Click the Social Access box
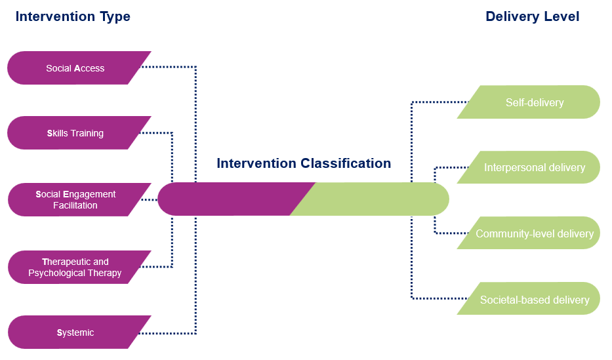(75, 68)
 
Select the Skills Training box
(75, 133)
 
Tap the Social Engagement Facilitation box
(75, 199)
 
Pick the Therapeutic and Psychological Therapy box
(75, 267)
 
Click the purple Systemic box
(75, 332)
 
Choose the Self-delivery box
(534, 102)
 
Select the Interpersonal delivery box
(534, 167)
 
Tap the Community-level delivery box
(534, 233)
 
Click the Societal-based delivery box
(534, 300)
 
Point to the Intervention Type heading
(73, 16)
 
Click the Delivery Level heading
(532, 16)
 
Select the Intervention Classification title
(304, 163)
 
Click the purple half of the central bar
(230, 199)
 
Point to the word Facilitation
(75, 205)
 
